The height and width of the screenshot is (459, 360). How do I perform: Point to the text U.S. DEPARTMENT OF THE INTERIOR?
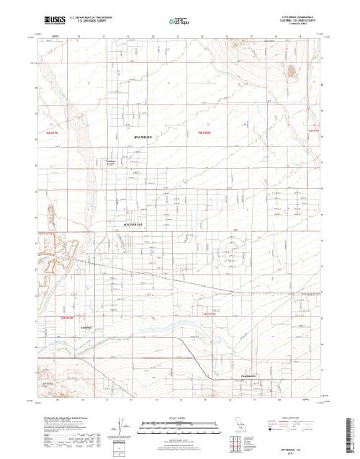[x=91, y=14]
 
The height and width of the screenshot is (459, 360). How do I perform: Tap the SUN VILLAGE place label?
[x=134, y=224]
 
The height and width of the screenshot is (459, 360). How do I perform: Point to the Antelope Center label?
[x=112, y=162]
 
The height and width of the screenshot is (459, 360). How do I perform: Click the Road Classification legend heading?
[x=292, y=416]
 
